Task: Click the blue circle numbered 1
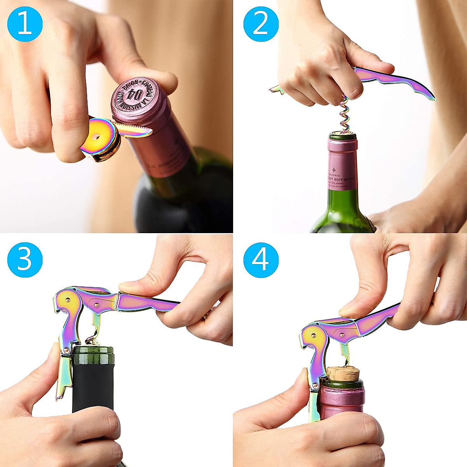pos(25,24)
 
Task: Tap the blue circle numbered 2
pos(261,24)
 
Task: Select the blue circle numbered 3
pos(25,260)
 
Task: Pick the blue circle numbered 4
pos(261,260)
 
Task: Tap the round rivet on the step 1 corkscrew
pos(95,136)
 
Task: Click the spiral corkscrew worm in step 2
pos(343,115)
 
